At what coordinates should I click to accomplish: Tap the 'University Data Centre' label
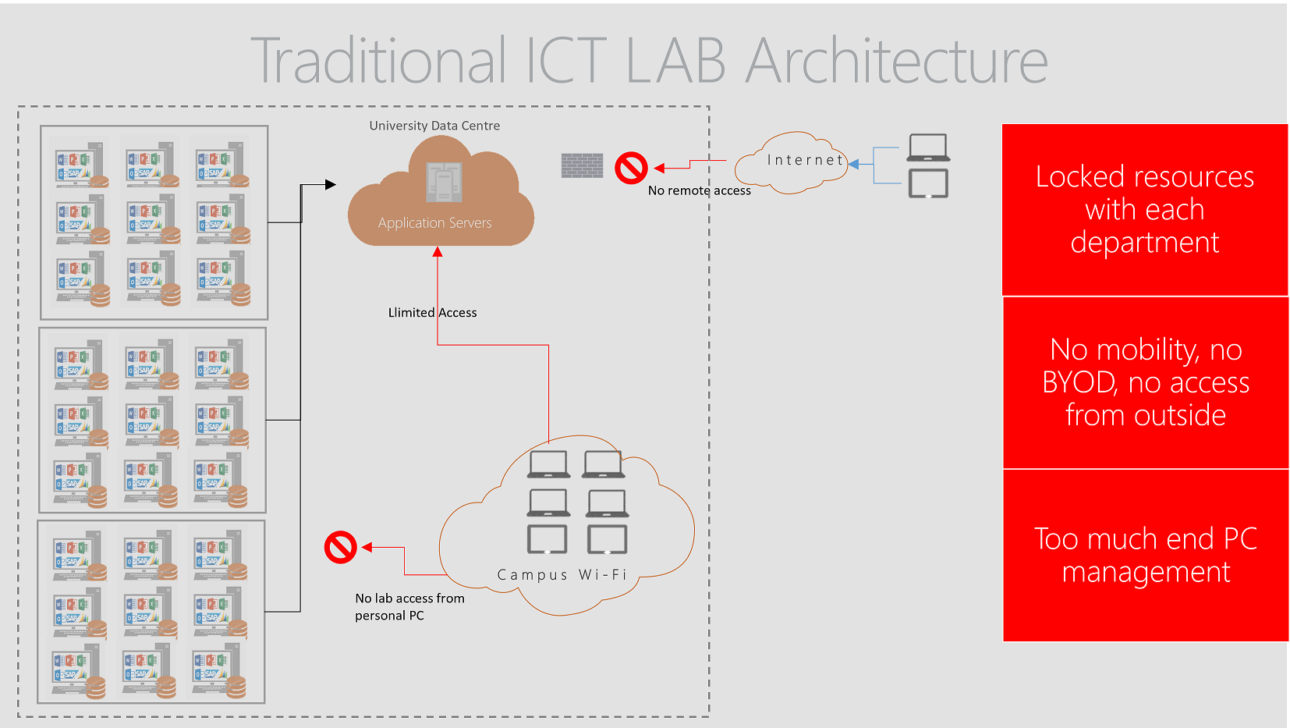(x=434, y=126)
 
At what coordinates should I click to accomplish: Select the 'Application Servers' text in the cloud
(x=434, y=223)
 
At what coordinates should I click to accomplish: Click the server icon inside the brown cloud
(x=444, y=183)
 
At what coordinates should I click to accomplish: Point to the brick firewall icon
(x=582, y=165)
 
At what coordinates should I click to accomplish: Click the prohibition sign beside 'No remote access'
(x=631, y=168)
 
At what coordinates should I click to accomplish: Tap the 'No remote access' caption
(x=699, y=190)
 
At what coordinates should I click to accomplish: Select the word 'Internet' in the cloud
(x=805, y=160)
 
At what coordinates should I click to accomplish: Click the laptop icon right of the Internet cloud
(x=928, y=147)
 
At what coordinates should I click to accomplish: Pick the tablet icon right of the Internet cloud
(x=928, y=184)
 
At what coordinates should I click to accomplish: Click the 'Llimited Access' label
(x=432, y=312)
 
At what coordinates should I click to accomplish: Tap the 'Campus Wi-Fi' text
(x=562, y=575)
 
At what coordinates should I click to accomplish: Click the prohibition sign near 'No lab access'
(x=341, y=548)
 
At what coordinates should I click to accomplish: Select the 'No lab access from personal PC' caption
(x=409, y=606)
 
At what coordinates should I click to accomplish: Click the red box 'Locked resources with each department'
(x=1144, y=210)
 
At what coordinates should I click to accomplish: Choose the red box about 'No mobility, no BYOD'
(x=1145, y=382)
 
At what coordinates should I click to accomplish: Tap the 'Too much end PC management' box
(x=1145, y=555)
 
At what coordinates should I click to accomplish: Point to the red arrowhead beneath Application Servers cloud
(x=438, y=252)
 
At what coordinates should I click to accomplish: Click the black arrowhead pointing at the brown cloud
(x=331, y=185)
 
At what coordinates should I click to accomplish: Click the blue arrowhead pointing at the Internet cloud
(x=854, y=164)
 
